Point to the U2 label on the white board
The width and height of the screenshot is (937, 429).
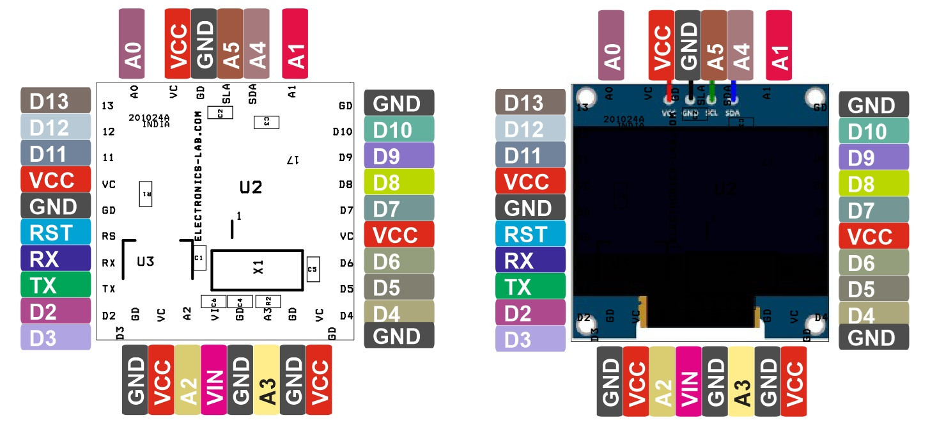coord(251,187)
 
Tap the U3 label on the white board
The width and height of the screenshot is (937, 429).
coord(146,261)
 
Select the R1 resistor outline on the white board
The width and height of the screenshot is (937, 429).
coord(146,194)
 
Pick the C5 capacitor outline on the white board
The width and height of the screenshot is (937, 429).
coord(313,269)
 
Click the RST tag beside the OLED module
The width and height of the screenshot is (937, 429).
coord(530,234)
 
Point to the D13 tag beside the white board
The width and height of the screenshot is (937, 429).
coord(55,100)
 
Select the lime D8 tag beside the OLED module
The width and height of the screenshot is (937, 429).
coord(873,184)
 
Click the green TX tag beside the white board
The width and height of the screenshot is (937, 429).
coord(55,285)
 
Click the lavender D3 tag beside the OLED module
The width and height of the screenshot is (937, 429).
coord(530,339)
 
